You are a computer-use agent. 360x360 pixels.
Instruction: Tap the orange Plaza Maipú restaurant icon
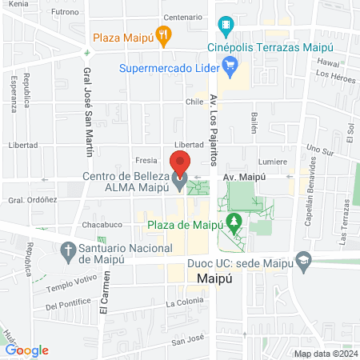point(164,34)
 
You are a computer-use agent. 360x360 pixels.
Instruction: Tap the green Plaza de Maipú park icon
point(234,220)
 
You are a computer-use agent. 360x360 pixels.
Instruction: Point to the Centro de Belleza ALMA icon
point(179,183)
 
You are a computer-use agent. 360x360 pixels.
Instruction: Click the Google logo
point(26,350)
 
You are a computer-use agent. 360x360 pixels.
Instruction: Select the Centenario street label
point(182,16)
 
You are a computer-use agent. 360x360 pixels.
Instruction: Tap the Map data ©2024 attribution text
point(325,353)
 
